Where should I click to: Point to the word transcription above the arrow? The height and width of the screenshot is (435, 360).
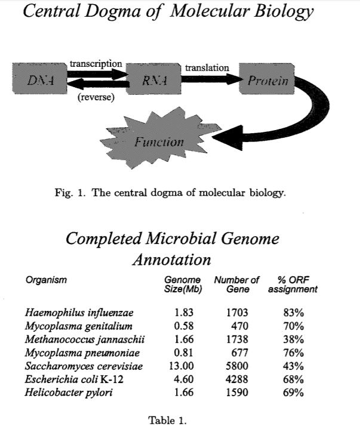pos(96,63)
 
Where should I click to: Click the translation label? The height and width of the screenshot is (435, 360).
pos(207,68)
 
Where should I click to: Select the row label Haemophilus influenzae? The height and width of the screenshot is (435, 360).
pos(79,313)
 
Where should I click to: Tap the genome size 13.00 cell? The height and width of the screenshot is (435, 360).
pos(180,366)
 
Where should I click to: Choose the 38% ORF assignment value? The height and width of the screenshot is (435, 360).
pos(294,339)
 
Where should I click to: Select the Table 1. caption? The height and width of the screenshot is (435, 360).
pos(167,419)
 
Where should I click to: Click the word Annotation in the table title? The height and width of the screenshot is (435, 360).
pos(171,260)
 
